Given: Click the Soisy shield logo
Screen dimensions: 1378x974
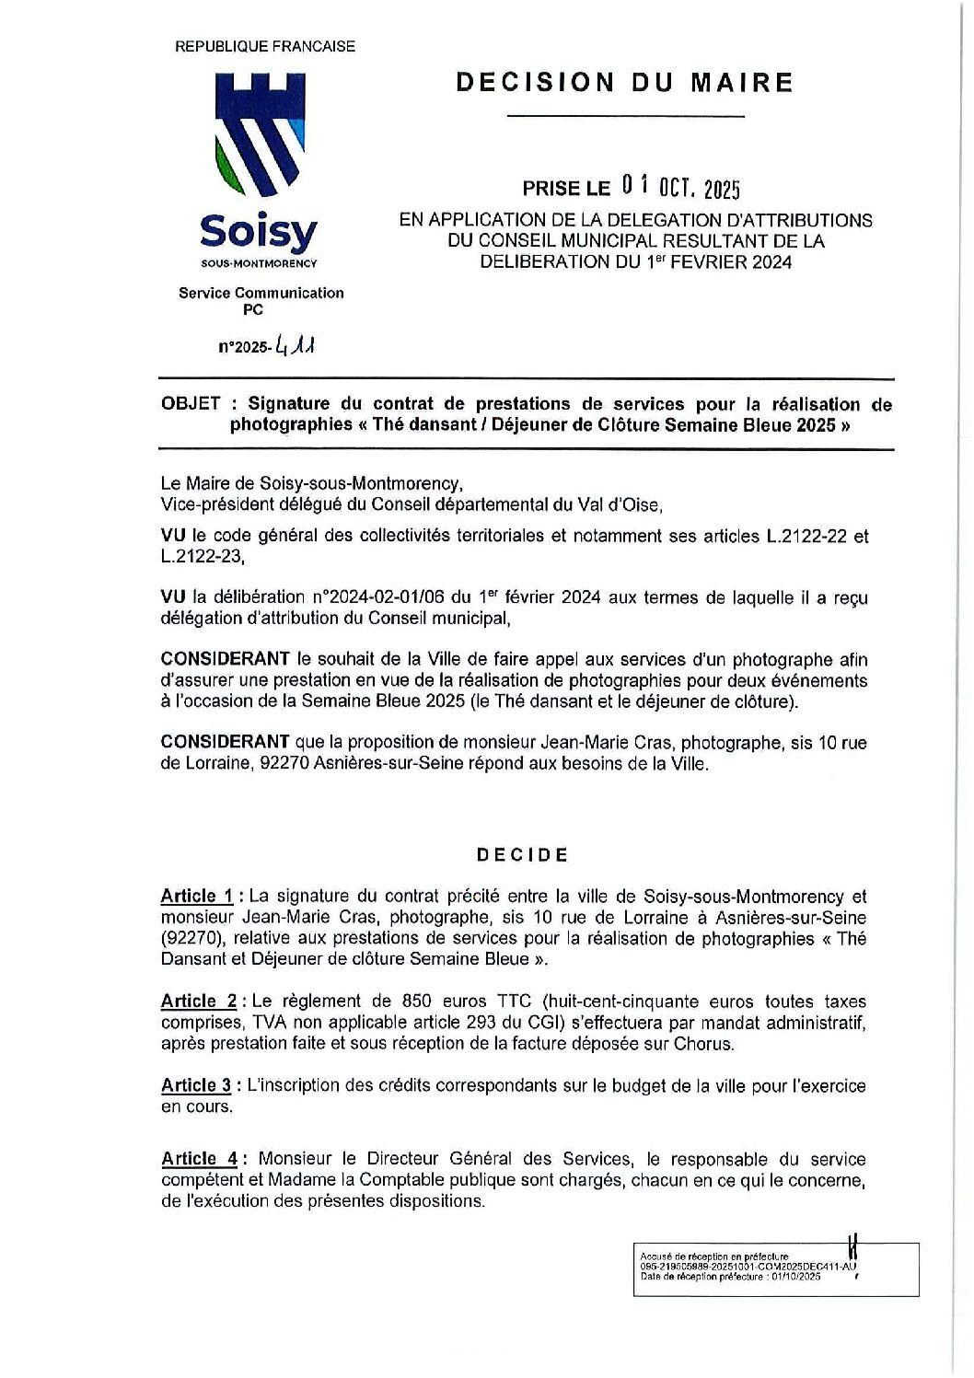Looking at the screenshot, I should (258, 133).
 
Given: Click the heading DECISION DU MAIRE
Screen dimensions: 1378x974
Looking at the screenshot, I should (624, 83).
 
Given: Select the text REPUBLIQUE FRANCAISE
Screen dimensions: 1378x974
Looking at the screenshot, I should (264, 46).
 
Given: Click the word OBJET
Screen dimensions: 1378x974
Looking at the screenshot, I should (190, 404).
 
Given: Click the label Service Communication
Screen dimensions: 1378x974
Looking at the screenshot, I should (261, 293).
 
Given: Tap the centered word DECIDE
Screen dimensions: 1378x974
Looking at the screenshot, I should (522, 854).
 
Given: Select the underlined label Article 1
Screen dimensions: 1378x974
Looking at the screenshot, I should (196, 897).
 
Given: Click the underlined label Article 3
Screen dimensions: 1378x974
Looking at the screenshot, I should (196, 1086).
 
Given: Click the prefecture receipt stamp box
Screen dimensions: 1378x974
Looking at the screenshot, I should (775, 1268).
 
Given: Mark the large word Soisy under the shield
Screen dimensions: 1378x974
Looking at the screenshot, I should (259, 230).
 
